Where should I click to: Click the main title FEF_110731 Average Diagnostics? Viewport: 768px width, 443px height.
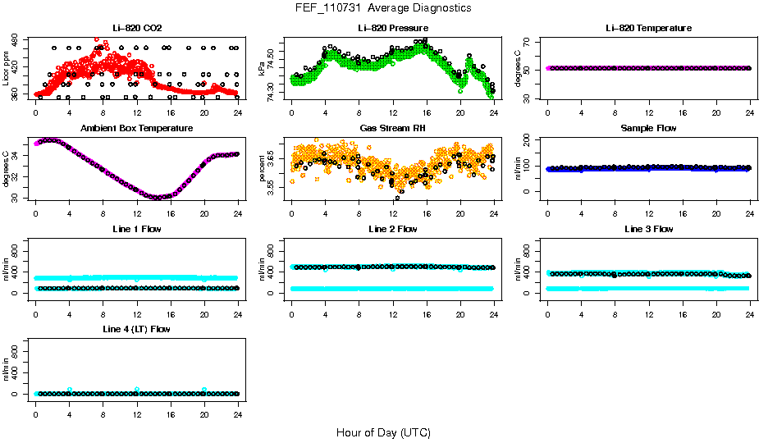pos(384,7)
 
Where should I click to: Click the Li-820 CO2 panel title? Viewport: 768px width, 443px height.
pos(137,28)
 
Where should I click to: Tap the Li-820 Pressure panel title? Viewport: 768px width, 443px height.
pos(392,28)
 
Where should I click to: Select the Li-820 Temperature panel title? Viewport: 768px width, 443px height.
pos(648,28)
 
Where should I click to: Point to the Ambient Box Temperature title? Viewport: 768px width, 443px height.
pos(137,128)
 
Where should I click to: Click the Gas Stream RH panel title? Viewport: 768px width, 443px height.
pos(392,128)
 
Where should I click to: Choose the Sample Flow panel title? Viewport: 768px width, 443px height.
pos(648,128)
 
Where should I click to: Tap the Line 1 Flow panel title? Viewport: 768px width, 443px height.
pos(137,229)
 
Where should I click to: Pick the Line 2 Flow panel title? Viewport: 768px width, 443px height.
pos(392,229)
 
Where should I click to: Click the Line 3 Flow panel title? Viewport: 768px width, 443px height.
pos(648,229)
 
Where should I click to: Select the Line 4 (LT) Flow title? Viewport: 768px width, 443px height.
pos(137,329)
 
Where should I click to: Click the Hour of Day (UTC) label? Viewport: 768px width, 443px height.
pos(383,432)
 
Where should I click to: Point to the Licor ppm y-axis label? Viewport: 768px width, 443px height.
pos(7,69)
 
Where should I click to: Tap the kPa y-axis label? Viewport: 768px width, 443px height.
pos(262,69)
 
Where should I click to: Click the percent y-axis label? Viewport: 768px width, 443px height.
pos(262,169)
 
